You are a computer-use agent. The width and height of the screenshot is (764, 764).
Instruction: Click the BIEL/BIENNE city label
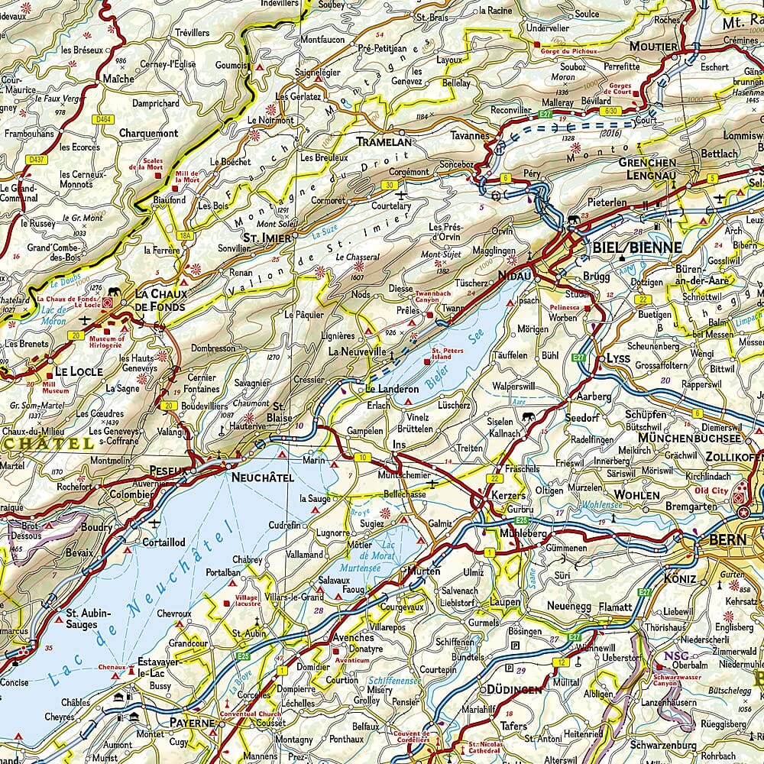click(x=633, y=247)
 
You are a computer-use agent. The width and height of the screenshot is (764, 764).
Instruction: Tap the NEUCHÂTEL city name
click(x=262, y=477)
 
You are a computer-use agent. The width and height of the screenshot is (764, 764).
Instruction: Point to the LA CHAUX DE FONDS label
click(x=160, y=300)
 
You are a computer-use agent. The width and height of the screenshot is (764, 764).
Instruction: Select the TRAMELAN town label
click(x=384, y=142)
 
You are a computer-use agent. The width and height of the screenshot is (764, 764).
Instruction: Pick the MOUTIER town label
click(x=653, y=47)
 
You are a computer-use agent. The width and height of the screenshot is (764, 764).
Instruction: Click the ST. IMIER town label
click(x=267, y=238)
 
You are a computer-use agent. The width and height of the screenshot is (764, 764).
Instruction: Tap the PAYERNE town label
click(x=193, y=722)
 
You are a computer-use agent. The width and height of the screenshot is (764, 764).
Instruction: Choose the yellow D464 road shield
click(x=102, y=119)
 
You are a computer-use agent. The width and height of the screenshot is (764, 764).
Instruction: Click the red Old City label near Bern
click(x=711, y=490)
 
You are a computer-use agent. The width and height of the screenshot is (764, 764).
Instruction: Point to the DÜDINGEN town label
click(x=511, y=689)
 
